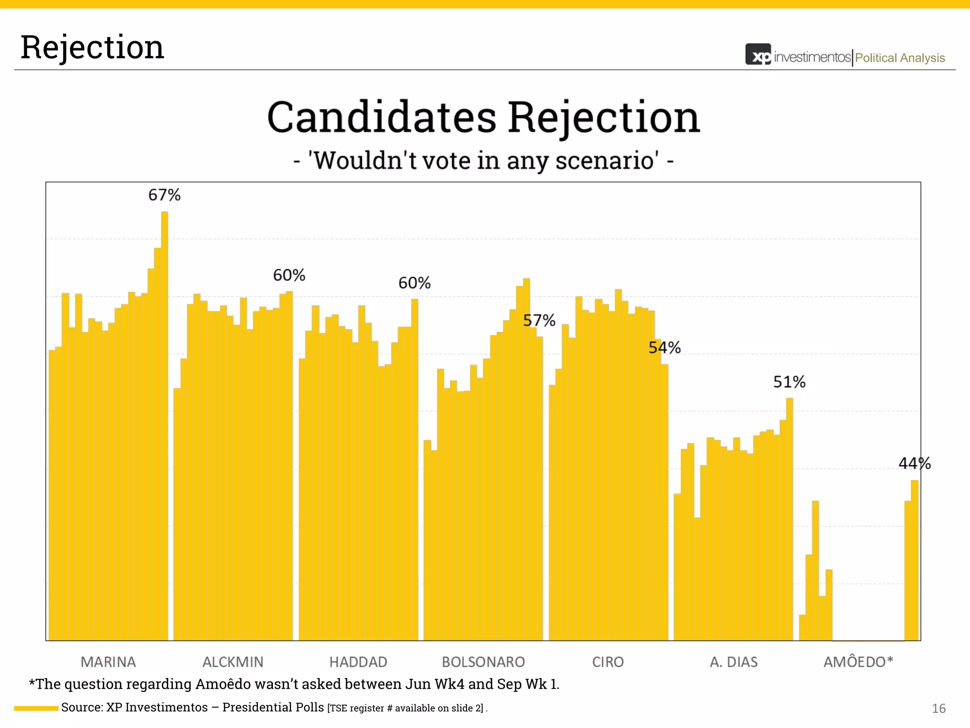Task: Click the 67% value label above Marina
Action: pos(164,195)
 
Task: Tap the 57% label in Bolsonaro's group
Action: pos(539,320)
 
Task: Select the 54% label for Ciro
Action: pos(665,347)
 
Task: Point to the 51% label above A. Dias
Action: pos(789,382)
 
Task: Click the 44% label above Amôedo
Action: pos(915,463)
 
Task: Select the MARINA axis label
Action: pos(108,662)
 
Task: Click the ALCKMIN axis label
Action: pos(233,662)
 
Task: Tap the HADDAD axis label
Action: pos(358,662)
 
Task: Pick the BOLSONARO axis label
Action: pos(483,662)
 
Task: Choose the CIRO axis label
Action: pos(608,662)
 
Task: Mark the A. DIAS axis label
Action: pos(734,662)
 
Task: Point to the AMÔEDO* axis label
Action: pos(858,661)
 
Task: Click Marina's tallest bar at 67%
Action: pos(164,427)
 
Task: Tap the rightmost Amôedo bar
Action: pos(915,559)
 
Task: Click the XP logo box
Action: pos(758,55)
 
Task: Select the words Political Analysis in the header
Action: pos(899,58)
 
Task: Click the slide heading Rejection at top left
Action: pos(92,47)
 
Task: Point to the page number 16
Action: pos(938,708)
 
